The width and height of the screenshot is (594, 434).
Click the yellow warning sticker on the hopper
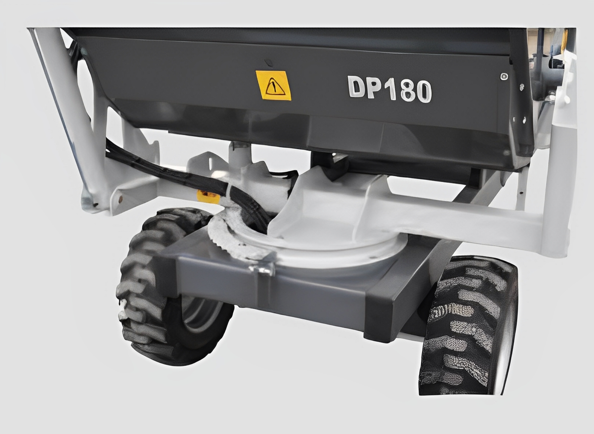(273, 85)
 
